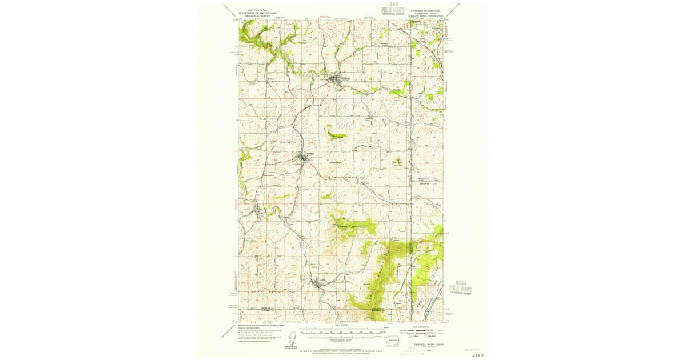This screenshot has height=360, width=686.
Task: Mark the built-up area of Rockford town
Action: [336, 79]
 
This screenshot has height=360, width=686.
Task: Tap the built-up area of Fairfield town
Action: [305, 157]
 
